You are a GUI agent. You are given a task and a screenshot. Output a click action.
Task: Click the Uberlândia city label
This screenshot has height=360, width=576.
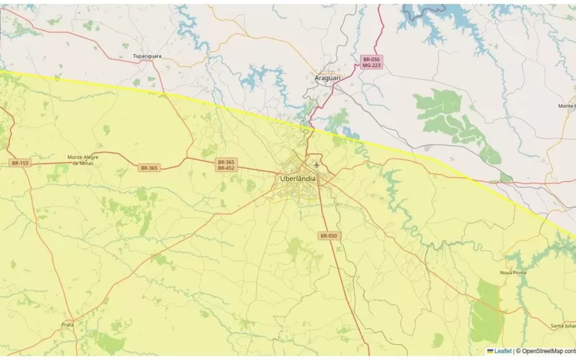click(x=298, y=178)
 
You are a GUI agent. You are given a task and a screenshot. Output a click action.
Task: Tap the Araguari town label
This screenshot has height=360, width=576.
click(x=327, y=78)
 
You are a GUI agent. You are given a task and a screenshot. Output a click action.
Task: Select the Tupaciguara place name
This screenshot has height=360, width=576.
click(x=146, y=56)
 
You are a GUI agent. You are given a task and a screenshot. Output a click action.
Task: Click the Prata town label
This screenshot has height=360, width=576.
click(x=67, y=324)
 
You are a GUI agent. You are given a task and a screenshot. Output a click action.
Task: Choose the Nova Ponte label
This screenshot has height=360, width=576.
click(x=514, y=272)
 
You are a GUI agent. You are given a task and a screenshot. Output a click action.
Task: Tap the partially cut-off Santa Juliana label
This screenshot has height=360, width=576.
click(x=563, y=326)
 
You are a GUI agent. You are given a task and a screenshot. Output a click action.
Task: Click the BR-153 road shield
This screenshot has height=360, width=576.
click(x=20, y=163)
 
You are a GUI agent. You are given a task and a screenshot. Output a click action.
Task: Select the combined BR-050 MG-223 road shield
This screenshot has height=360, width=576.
click(x=371, y=62)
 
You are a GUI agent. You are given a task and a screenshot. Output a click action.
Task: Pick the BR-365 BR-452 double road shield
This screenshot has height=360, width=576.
click(x=226, y=165)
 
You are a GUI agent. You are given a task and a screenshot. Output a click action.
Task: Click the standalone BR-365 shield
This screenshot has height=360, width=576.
click(x=149, y=168)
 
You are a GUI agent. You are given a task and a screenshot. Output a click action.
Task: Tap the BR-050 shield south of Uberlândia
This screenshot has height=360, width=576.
click(x=328, y=236)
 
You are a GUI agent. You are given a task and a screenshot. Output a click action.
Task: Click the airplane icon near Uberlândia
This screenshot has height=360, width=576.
click(x=316, y=165)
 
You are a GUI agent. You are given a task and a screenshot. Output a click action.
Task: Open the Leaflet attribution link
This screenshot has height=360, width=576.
click(x=503, y=351)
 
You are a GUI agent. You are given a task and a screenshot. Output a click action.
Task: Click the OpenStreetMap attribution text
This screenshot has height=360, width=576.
click(x=549, y=351)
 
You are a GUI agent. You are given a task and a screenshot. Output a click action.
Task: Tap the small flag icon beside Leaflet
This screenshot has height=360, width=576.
click(x=490, y=351)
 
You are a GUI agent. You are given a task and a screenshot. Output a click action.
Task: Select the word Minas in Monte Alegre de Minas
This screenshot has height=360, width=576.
click(x=83, y=163)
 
